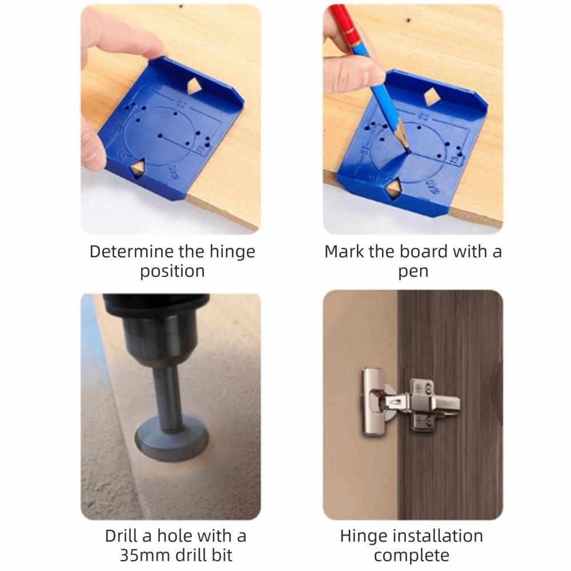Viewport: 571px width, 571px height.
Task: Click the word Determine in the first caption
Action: pos(122,252)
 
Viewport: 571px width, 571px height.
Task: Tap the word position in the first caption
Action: pos(172,271)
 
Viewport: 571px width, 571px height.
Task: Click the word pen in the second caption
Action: pos(413,271)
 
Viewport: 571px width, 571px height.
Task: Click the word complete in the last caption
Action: pos(411,556)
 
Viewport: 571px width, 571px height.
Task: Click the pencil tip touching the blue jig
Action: pos(407,149)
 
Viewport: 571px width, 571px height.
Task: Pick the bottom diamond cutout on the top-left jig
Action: pos(137,166)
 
